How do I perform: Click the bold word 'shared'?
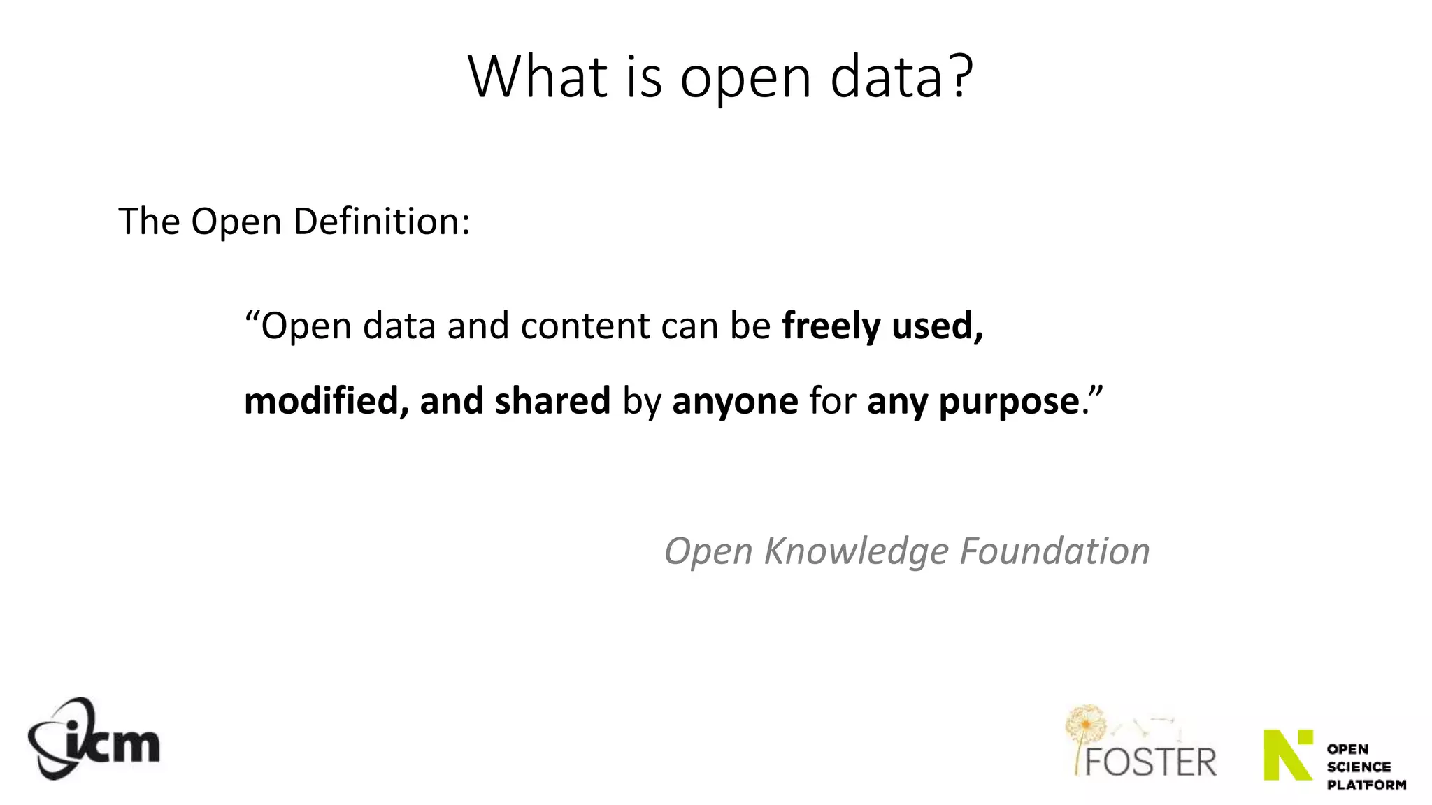tap(552, 401)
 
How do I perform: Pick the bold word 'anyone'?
tap(735, 401)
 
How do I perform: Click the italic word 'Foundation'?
tap(1054, 551)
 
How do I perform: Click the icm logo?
tap(94, 739)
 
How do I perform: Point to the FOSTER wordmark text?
tap(1150, 762)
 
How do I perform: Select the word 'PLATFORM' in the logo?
tap(1366, 785)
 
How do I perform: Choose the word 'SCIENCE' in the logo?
tap(1359, 767)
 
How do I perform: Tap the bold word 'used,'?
tap(938, 326)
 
